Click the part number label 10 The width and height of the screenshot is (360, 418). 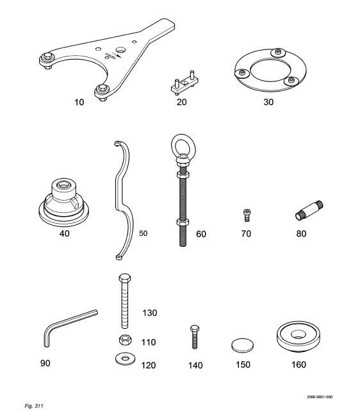point(79,102)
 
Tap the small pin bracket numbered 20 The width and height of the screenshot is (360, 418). point(184,83)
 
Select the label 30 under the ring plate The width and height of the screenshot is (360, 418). point(268,102)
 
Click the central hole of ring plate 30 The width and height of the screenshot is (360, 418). point(270,71)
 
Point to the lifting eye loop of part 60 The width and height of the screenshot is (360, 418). point(183,146)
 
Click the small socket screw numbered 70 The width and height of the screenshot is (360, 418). point(247,215)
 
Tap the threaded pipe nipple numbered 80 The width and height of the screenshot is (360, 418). point(309,210)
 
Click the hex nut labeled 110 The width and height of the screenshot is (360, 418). point(124,340)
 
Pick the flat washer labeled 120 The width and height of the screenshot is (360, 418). point(125,359)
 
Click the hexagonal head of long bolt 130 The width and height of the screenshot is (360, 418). point(125,278)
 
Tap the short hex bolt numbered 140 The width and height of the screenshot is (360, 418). point(195,337)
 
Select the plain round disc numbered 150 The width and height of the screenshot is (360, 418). point(242,345)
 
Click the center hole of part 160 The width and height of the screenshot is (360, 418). point(299,334)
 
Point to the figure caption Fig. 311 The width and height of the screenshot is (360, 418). point(34,406)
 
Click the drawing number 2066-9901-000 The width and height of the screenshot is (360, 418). point(320,397)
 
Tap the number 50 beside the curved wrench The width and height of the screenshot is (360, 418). point(143,233)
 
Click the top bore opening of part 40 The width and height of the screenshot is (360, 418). point(63,185)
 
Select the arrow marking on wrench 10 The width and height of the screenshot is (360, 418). point(119,56)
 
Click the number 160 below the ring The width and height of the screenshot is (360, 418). point(299,364)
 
